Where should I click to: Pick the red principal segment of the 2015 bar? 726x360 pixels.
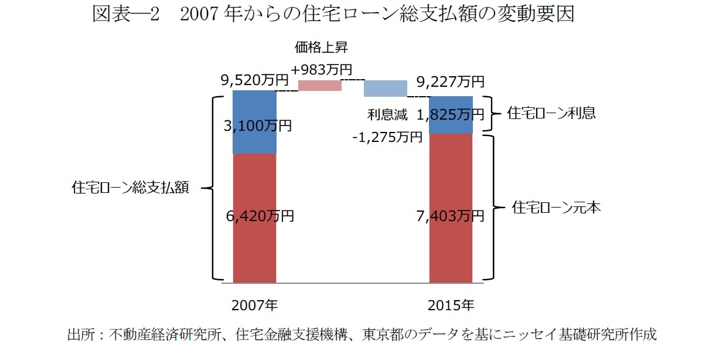451,246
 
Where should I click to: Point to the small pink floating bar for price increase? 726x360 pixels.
320,86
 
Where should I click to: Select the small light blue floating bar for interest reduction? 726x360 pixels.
385,89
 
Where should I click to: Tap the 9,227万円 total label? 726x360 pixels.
450,81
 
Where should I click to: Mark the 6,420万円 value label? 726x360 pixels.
259,216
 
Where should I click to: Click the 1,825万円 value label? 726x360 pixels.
450,114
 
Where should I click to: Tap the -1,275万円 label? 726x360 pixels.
387,137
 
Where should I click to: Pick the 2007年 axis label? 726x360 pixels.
254,305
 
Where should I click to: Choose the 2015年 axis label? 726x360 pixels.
451,305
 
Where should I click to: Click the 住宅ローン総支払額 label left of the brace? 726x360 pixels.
130,188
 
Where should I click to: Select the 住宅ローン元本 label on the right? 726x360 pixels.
556,207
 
